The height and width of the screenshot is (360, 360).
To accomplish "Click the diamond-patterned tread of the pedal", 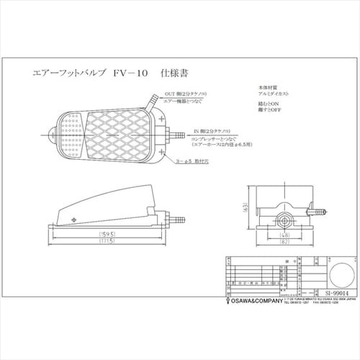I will pos(119,138).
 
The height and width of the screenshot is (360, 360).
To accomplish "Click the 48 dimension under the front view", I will pos(284,235).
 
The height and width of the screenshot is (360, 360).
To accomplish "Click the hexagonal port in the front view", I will pos(285,216).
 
